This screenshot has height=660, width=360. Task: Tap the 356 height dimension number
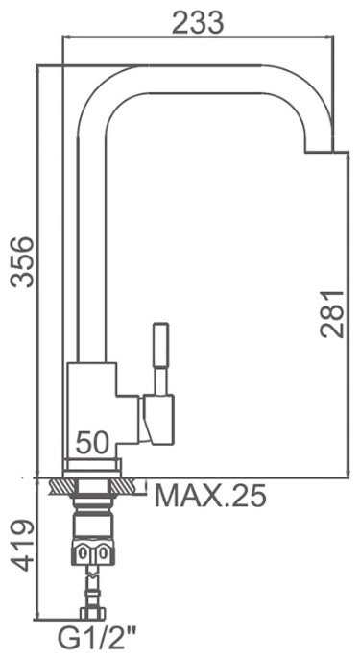pyautogui.click(x=22, y=262)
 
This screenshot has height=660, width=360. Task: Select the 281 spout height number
pyautogui.click(x=332, y=314)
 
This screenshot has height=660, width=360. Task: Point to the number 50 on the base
pyautogui.click(x=92, y=443)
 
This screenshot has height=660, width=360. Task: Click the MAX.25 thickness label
pyautogui.click(x=210, y=496)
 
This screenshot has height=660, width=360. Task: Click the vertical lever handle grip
pyautogui.click(x=160, y=345)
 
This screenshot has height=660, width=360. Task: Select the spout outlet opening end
pyautogui.click(x=320, y=151)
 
